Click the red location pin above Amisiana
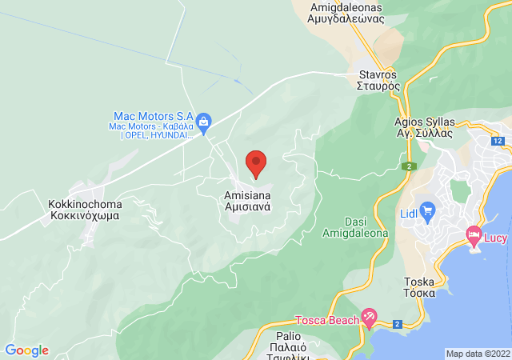point(256,163)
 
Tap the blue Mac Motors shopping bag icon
point(203,123)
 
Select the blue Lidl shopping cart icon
point(427,212)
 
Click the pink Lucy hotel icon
point(473,235)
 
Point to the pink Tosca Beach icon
point(368,317)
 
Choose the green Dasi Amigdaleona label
point(354,227)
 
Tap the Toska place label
point(419,288)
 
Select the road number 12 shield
point(498,141)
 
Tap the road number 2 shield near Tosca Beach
point(397,323)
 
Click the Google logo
point(26,350)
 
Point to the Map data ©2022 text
point(478,354)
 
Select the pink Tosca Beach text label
point(326,321)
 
